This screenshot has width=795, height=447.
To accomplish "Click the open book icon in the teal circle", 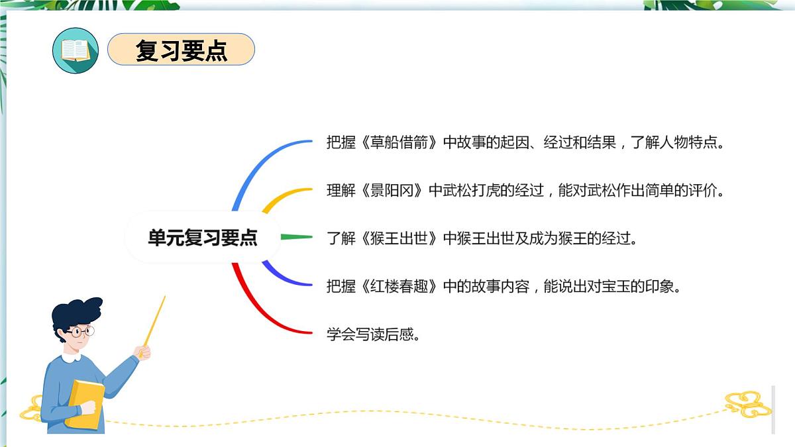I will pos(75,50).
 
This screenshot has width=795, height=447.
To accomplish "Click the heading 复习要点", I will pos(181,50).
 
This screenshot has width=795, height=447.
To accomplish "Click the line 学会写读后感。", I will pos(374,334).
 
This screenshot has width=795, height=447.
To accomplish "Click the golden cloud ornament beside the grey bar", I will pos(747,403).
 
